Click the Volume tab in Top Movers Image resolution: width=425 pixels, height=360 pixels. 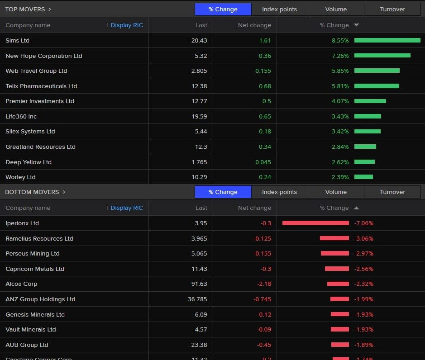tap(336, 9)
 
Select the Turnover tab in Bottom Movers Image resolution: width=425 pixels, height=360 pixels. tap(392, 192)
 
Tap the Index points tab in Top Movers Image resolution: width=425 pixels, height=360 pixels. tap(279, 9)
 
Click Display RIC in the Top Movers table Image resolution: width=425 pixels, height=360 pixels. tap(126, 25)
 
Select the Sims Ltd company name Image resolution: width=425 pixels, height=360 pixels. tap(17, 41)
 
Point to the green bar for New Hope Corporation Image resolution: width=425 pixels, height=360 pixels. tap(382, 56)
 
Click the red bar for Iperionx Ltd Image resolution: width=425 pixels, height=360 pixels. tap(315, 223)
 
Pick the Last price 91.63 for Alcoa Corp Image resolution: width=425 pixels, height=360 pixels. tap(199, 284)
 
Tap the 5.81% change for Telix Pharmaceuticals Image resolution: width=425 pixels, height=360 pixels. tap(340, 86)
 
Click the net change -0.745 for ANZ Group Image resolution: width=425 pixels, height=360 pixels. tap(260, 299)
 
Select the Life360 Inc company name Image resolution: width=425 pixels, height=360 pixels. tap(21, 117)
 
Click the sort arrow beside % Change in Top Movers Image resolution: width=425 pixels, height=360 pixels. tap(356, 25)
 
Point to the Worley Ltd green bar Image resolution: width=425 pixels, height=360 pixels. tap(363, 177)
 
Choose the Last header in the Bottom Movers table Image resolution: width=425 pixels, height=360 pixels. tap(201, 208)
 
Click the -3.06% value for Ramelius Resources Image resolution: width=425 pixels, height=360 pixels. tap(364, 238)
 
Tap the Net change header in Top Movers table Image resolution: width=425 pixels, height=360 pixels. tap(254, 25)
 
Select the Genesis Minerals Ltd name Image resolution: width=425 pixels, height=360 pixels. tap(35, 314)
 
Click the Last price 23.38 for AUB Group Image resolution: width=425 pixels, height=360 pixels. tap(199, 345)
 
